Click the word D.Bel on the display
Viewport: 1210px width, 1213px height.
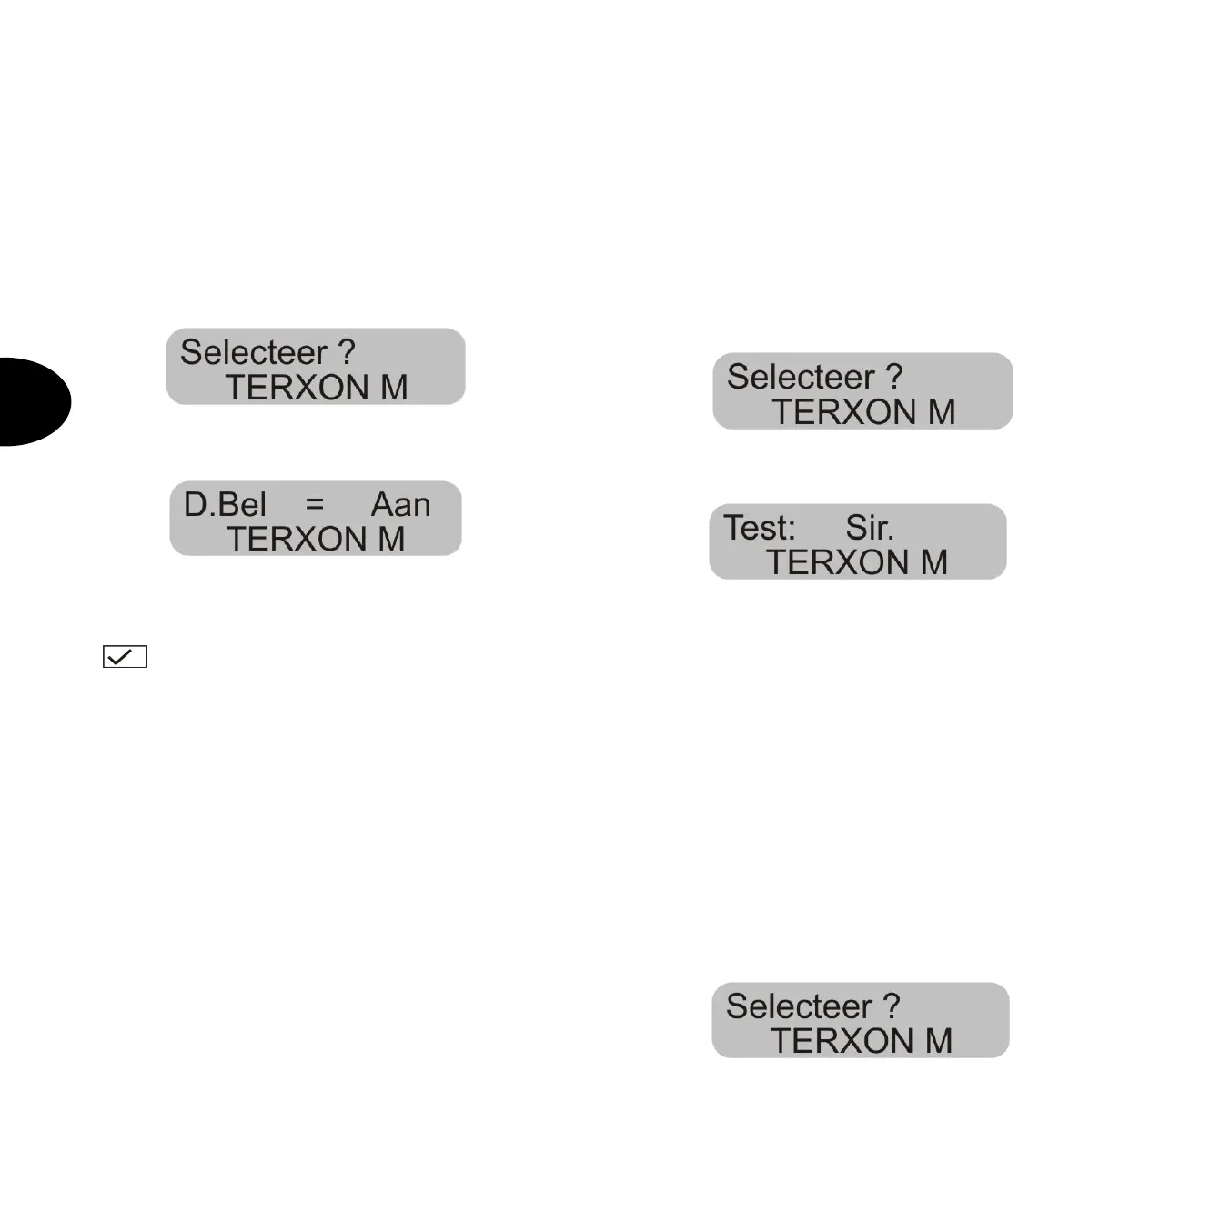225,505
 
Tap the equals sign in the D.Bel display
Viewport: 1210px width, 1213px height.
315,504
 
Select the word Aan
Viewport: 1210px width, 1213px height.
400,505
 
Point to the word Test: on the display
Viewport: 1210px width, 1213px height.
760,528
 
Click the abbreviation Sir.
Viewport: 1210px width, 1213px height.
870,528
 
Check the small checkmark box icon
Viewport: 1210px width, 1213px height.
125,656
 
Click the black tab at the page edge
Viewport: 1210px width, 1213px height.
32,401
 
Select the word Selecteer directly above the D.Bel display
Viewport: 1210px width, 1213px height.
253,352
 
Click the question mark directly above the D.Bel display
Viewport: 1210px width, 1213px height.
346,352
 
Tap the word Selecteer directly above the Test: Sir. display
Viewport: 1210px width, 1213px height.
801,377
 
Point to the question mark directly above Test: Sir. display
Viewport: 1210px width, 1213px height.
894,377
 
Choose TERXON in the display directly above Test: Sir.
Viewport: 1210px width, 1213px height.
844,413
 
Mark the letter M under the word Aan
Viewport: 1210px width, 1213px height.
391,540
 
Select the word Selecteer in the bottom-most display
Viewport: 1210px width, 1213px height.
799,1006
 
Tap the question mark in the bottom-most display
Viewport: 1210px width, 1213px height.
892,1006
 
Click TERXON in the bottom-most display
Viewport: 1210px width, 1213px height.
842,1041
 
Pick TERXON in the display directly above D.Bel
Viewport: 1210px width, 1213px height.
297,389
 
